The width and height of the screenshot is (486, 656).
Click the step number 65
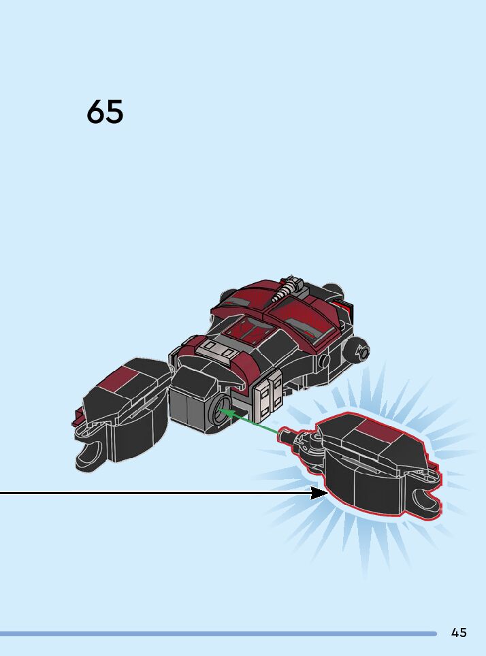(x=105, y=112)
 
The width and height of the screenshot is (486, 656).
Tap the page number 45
(x=459, y=632)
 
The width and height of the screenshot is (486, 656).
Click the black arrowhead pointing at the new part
(x=319, y=492)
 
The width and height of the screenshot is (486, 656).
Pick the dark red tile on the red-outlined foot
(x=376, y=429)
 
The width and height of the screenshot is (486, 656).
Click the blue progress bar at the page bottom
(x=218, y=634)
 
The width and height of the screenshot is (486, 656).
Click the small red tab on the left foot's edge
(x=77, y=422)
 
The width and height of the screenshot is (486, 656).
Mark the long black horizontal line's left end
(x=2, y=492)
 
